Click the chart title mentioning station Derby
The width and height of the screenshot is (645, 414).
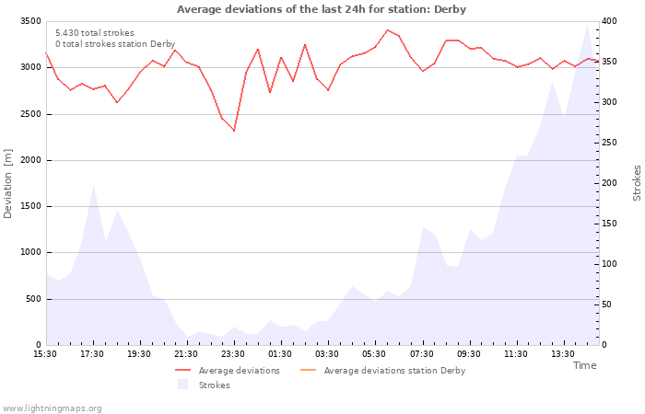point(322,9)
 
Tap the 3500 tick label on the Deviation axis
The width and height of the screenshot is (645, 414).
point(30,21)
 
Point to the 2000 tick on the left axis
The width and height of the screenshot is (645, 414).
point(30,160)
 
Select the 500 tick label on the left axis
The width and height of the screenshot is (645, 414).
point(33,299)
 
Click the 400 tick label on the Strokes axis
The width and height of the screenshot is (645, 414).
point(610,21)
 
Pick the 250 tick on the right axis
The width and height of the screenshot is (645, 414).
point(610,143)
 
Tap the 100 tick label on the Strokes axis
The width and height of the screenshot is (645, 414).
point(610,264)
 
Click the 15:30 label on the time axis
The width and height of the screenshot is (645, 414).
point(45,354)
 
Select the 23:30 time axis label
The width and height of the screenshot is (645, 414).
point(233,354)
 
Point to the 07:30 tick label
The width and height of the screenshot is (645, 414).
point(422,354)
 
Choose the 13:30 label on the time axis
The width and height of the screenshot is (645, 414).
point(563,354)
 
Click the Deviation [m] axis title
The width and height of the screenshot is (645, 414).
point(7,183)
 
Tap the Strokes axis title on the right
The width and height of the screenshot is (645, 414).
point(637,183)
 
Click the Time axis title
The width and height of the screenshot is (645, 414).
point(585,365)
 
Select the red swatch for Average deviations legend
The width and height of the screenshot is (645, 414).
point(183,370)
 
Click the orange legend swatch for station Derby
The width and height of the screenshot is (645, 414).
point(309,370)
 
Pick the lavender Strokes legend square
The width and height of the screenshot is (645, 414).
point(183,385)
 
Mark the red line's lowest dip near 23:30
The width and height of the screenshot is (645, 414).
point(234,131)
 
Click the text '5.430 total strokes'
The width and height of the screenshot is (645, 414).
point(95,33)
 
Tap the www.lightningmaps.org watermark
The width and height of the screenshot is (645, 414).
point(52,408)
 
